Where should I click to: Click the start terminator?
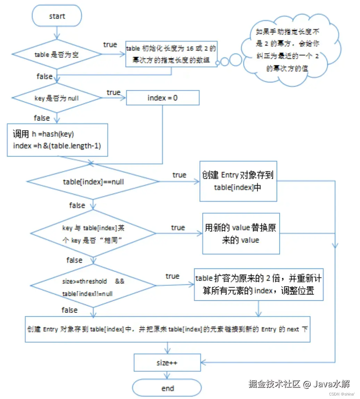[x=57, y=16]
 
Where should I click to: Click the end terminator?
[x=167, y=388]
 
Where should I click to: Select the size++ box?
[x=167, y=363]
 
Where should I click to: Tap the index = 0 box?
[x=162, y=98]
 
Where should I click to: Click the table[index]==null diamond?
[x=93, y=182]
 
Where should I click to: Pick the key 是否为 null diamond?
[x=57, y=98]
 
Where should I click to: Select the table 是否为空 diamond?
[x=57, y=55]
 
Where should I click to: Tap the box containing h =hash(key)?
[x=57, y=140]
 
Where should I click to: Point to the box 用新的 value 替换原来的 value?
[x=241, y=234]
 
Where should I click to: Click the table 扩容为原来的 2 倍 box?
[x=259, y=284]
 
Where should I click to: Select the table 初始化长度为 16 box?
[x=171, y=54]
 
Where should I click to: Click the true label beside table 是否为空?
[x=110, y=44]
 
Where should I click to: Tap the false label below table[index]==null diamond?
[x=77, y=205]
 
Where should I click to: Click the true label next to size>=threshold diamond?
[x=173, y=276]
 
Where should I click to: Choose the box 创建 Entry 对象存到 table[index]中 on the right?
[x=238, y=181]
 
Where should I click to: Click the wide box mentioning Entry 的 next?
[x=167, y=329]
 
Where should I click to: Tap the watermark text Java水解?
[x=331, y=384]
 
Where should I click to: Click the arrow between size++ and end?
[x=167, y=375]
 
